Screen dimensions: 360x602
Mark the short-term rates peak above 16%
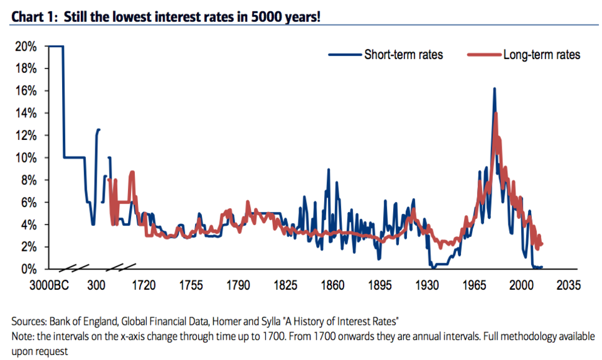494,89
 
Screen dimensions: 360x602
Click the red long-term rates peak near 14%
496,114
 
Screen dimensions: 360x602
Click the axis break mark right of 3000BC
77,269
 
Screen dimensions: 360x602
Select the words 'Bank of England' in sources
79,322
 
